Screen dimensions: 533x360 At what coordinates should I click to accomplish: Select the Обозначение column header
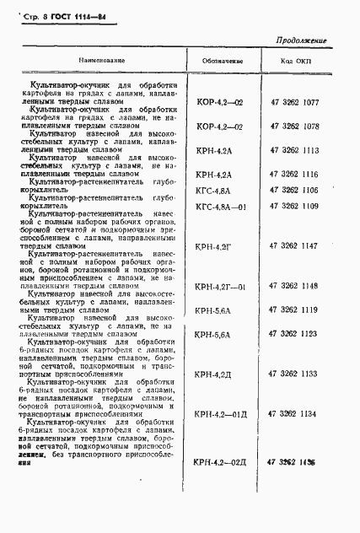(x=223, y=62)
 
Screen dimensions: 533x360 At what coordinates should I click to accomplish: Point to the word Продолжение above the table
(x=300, y=42)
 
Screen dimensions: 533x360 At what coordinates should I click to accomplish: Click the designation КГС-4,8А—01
(x=222, y=207)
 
